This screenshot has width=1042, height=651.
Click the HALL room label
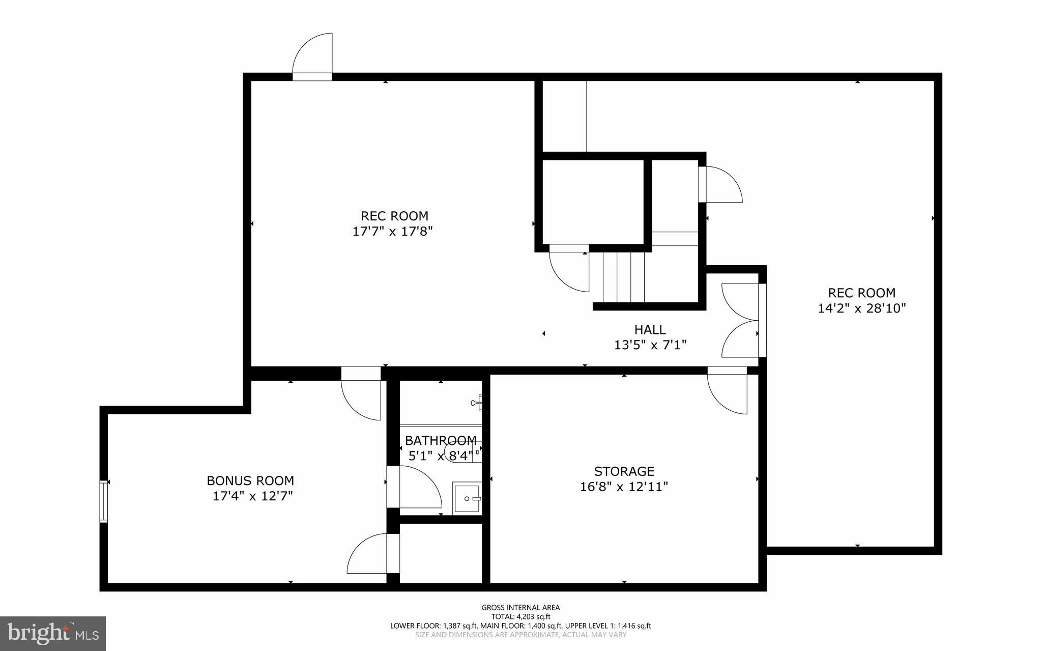point(650,329)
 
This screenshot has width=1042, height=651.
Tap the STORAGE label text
point(624,471)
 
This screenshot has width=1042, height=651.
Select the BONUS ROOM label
point(250,480)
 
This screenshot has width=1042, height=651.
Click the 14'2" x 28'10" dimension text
point(862,308)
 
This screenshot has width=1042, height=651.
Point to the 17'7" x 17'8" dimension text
point(392,232)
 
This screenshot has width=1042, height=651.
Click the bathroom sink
point(467,498)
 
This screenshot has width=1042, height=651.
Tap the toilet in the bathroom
point(460,452)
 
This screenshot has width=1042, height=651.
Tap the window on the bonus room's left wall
point(104,501)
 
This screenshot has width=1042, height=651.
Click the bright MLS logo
point(53,633)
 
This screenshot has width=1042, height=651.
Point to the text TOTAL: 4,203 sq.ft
point(520,616)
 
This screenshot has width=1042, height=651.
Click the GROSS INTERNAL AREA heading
point(520,607)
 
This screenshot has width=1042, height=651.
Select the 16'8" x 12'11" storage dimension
point(624,487)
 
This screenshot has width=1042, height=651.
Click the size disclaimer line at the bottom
point(520,635)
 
